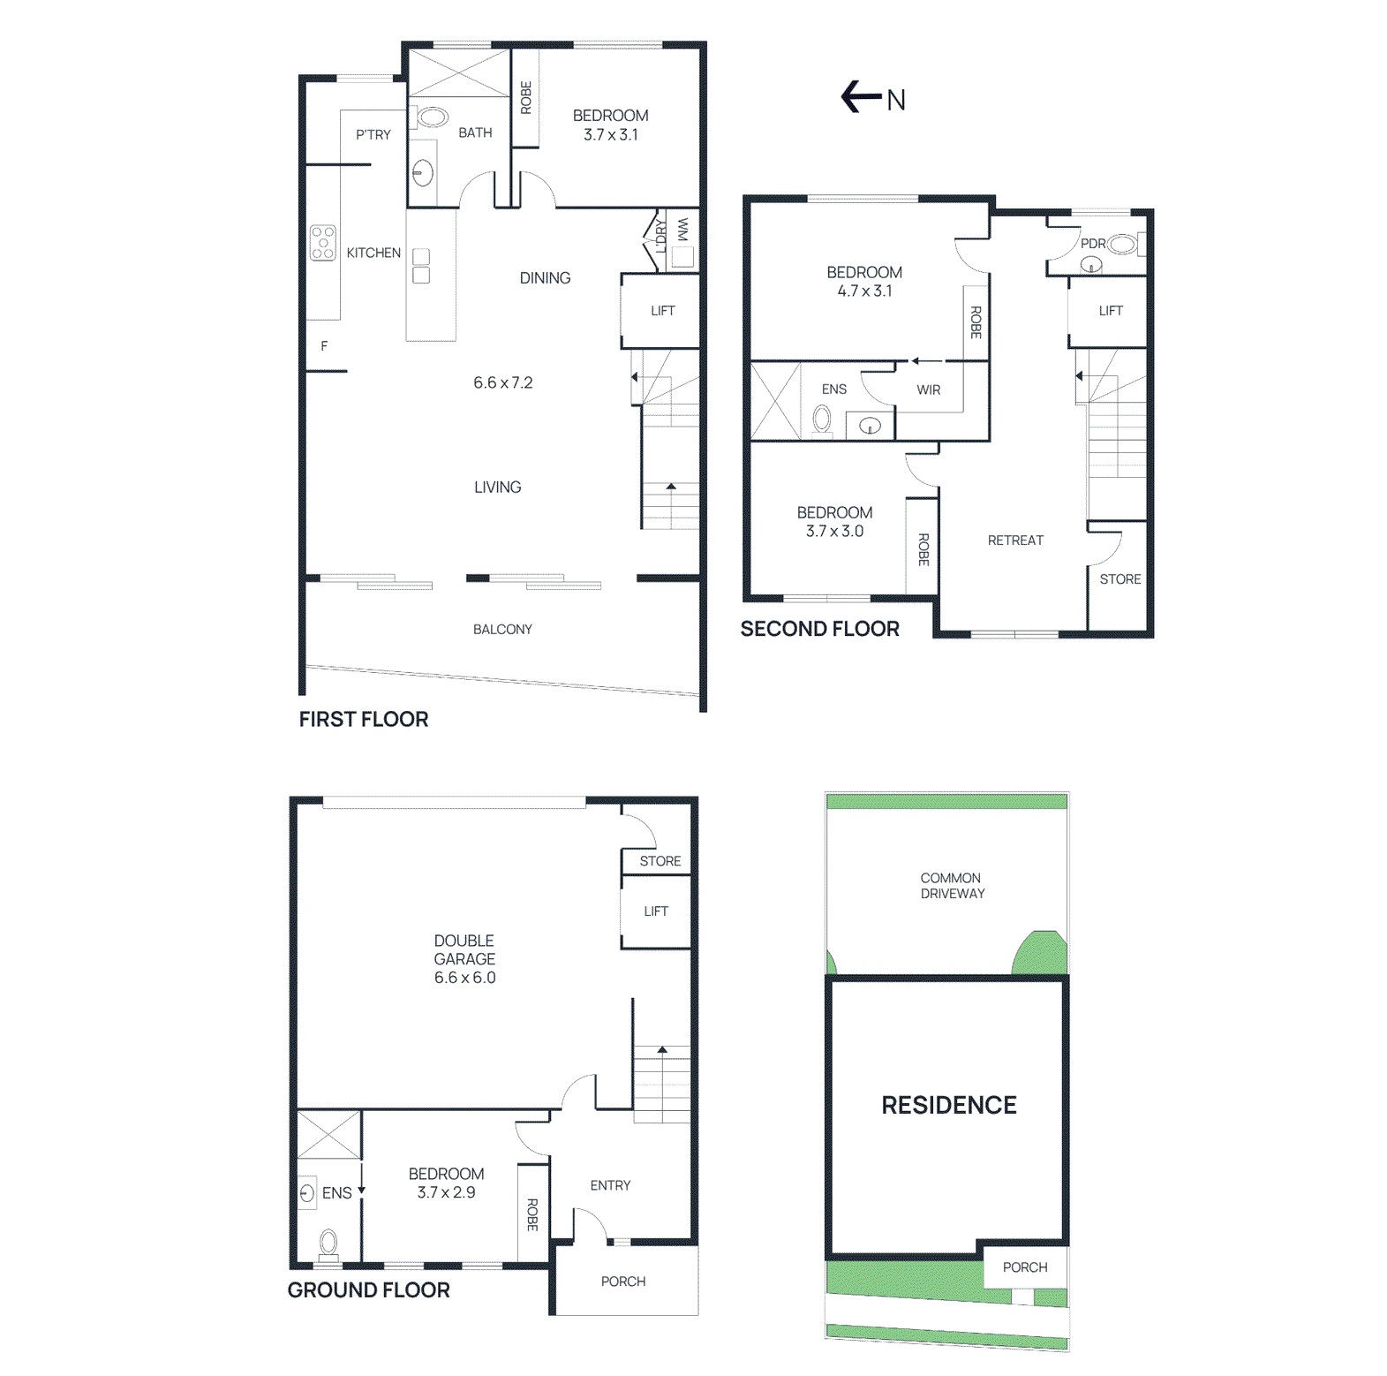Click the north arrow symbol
pyautogui.click(x=861, y=97)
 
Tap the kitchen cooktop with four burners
pyautogui.click(x=323, y=243)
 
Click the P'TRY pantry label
pyautogui.click(x=373, y=135)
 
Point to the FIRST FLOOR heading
pyautogui.click(x=363, y=719)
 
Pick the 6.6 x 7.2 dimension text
pyautogui.click(x=502, y=382)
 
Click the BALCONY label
pyautogui.click(x=502, y=629)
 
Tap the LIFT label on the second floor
pyautogui.click(x=1111, y=310)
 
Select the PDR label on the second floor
pyautogui.click(x=1093, y=244)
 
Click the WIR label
pyautogui.click(x=928, y=389)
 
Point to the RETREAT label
pyautogui.click(x=1015, y=540)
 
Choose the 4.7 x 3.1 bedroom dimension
pyautogui.click(x=864, y=291)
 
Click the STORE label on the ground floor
pyautogui.click(x=660, y=861)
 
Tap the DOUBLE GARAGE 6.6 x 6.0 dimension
pyautogui.click(x=464, y=978)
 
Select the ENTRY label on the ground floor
pyautogui.click(x=610, y=1185)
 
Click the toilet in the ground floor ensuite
pyautogui.click(x=328, y=1243)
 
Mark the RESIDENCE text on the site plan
pyautogui.click(x=949, y=1105)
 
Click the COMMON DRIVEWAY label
pyautogui.click(x=952, y=886)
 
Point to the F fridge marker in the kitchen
pyautogui.click(x=324, y=346)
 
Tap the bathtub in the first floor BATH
pyautogui.click(x=432, y=117)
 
